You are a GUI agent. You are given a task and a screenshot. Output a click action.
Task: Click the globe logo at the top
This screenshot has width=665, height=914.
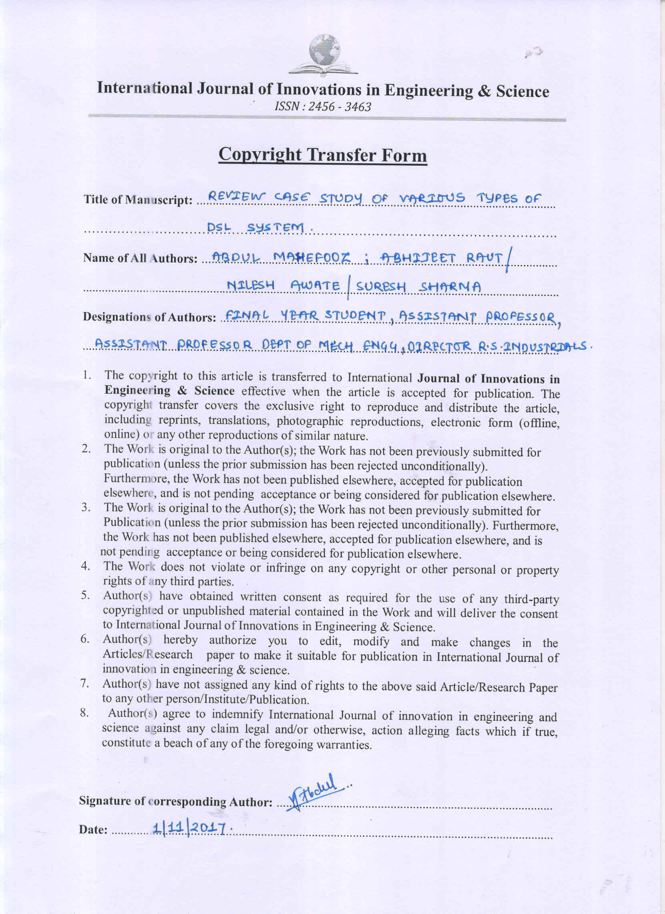(324, 54)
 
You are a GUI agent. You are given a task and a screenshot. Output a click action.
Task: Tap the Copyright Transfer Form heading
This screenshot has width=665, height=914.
(322, 155)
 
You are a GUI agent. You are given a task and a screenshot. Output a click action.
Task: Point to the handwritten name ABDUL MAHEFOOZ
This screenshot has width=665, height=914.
(282, 257)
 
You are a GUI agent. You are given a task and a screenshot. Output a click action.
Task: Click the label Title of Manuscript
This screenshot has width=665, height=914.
(137, 200)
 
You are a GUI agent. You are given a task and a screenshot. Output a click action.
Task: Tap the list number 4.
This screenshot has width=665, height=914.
(85, 566)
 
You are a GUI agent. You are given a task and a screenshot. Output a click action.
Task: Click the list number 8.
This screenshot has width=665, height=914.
(84, 713)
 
